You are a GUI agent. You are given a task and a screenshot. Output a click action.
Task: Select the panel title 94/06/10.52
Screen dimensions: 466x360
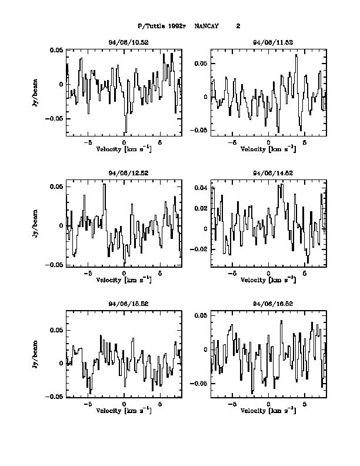click(124, 43)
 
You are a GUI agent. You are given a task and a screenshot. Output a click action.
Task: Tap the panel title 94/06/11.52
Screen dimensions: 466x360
click(268, 43)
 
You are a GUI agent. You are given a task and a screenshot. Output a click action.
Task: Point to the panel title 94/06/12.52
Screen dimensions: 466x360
click(124, 173)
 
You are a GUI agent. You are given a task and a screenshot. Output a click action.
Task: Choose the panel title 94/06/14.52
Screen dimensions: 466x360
click(268, 173)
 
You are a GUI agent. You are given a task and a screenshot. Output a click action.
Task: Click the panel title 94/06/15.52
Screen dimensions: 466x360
click(124, 304)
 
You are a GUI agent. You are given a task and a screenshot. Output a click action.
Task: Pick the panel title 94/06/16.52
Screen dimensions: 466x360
click(268, 304)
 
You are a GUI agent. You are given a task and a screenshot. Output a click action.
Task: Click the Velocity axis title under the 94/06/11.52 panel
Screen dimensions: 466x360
click(268, 149)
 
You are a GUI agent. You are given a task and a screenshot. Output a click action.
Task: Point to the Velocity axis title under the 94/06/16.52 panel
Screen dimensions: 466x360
click(268, 410)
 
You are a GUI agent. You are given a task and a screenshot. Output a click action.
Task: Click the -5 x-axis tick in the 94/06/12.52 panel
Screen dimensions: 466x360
click(88, 273)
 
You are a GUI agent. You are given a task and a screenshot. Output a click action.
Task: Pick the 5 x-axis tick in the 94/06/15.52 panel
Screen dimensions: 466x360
click(160, 404)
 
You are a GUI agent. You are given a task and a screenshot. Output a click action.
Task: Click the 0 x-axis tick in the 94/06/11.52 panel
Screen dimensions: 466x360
click(268, 142)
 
